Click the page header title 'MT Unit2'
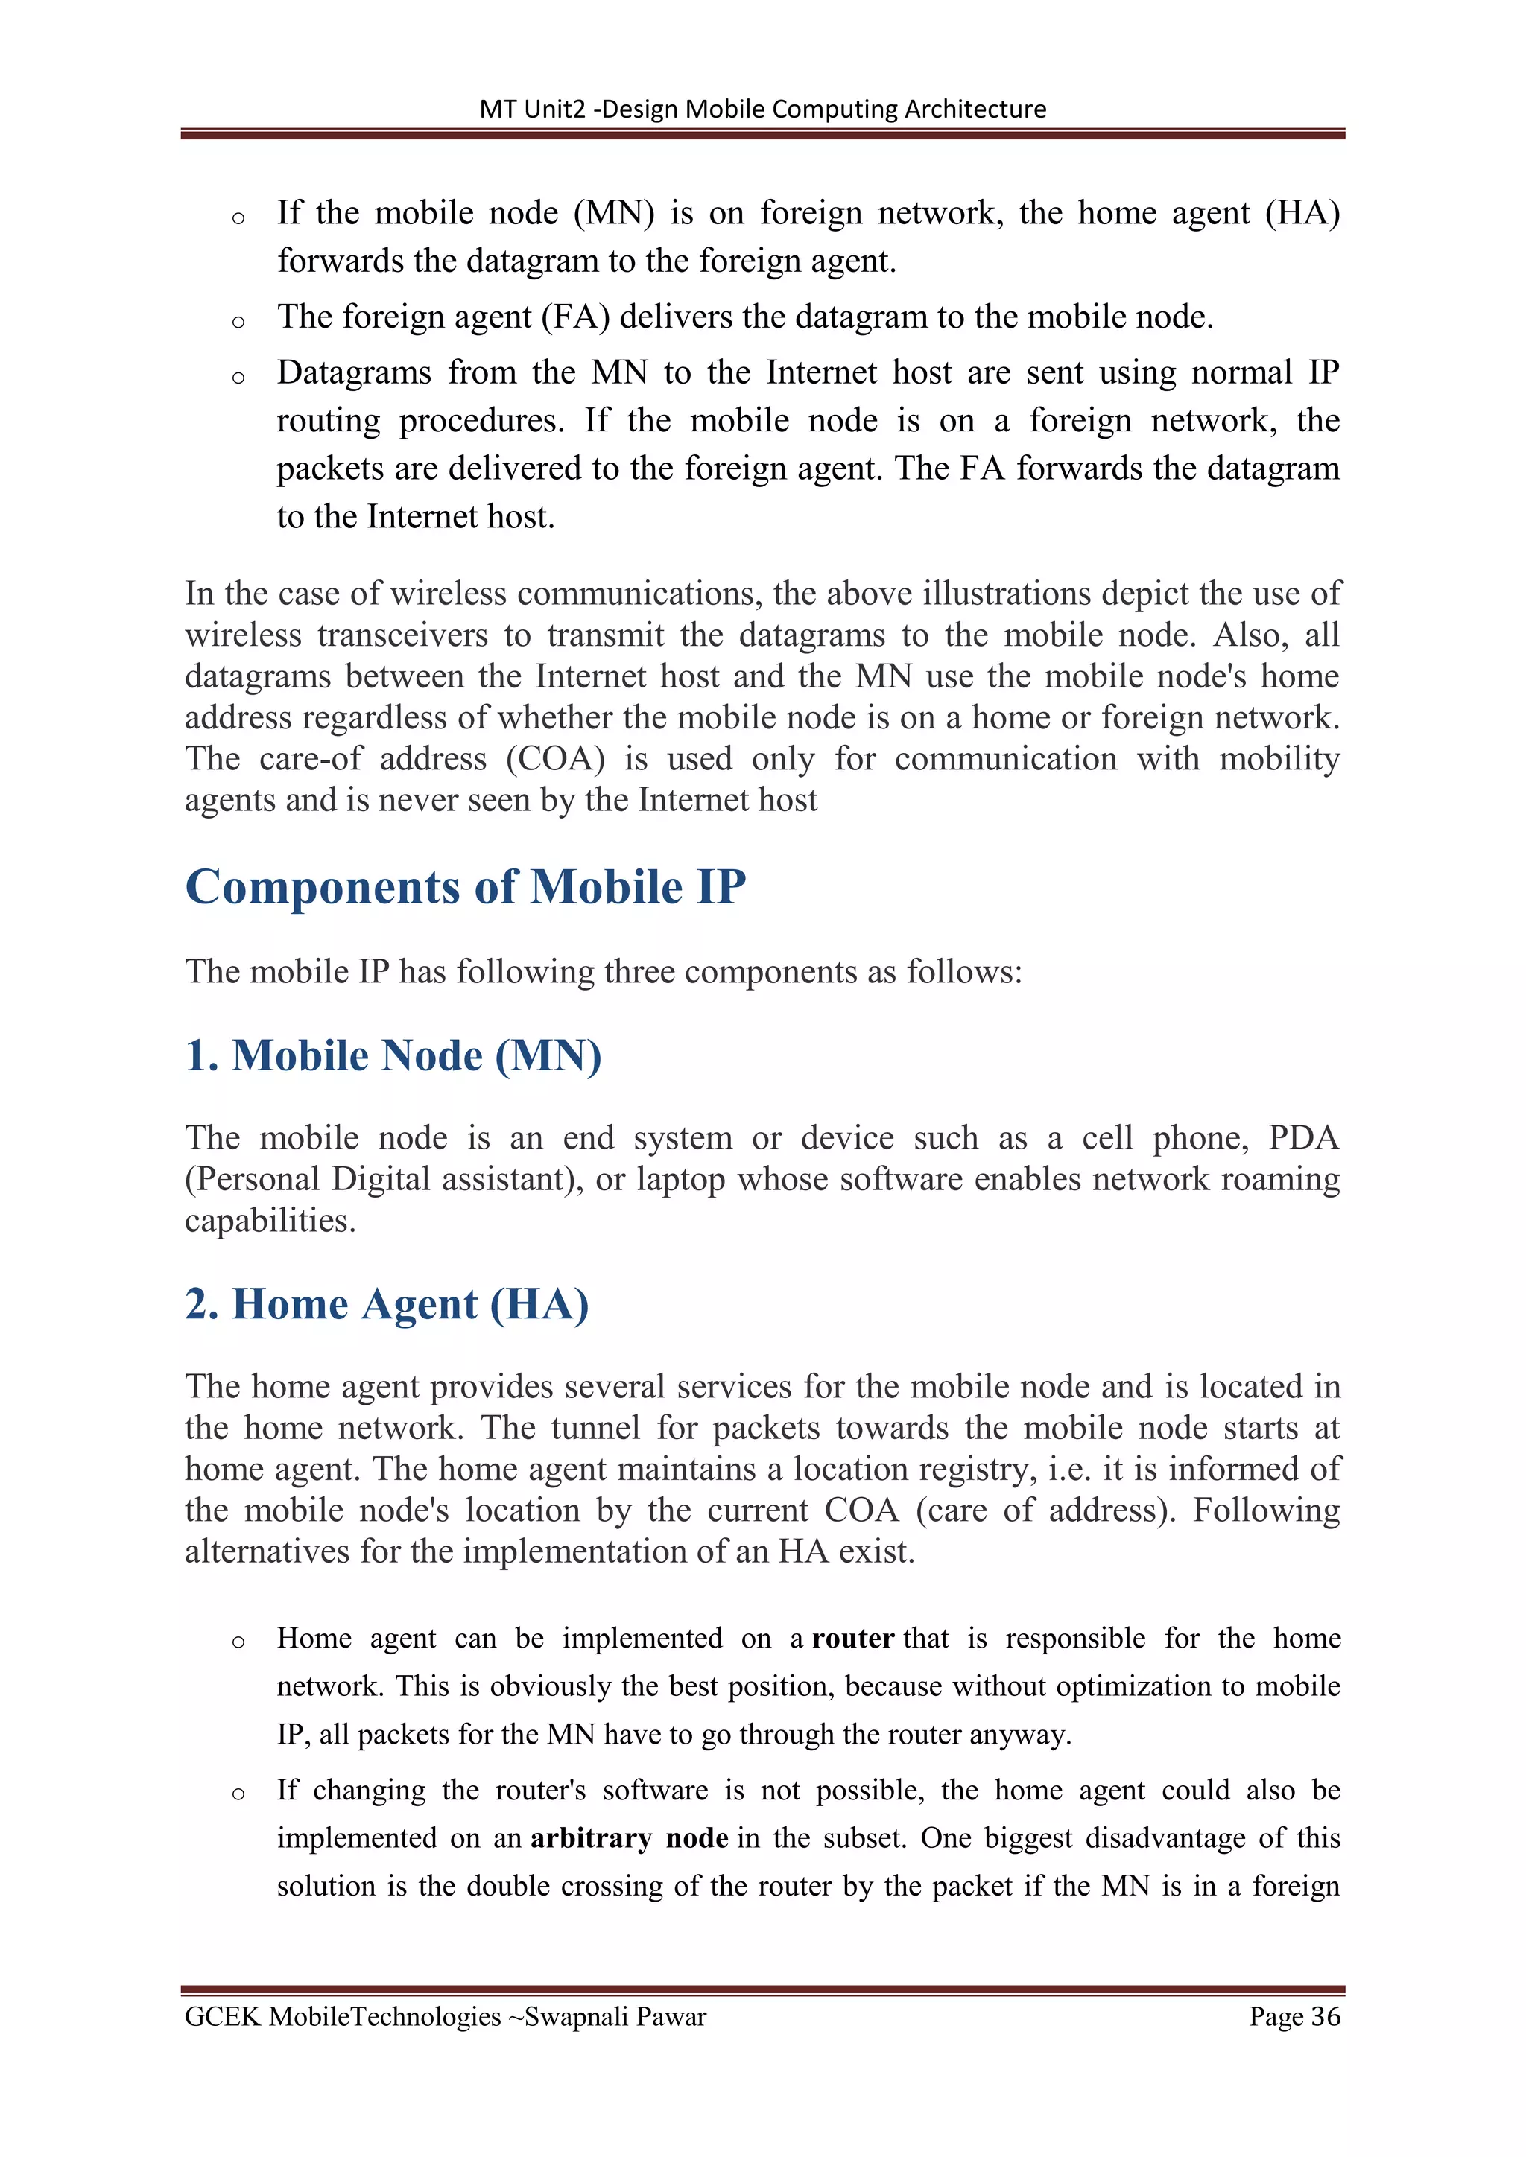point(532,109)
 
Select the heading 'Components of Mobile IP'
point(465,887)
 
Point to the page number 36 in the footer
point(1325,2017)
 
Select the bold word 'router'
point(852,1639)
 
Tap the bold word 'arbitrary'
point(591,1838)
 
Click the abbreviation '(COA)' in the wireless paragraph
point(554,759)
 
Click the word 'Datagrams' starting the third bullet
point(353,373)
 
